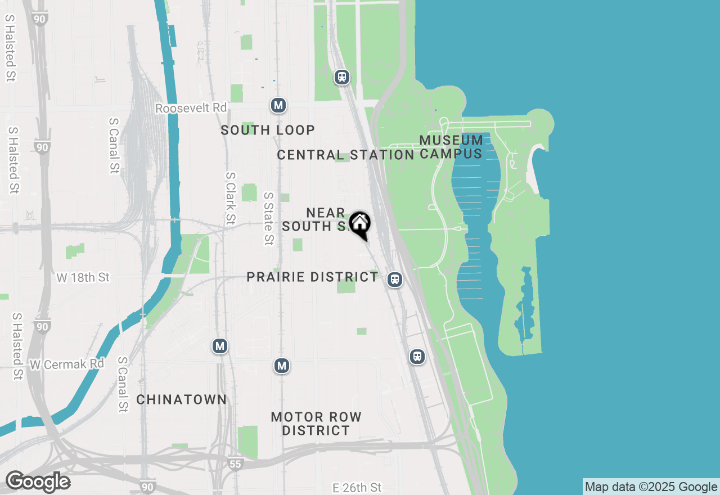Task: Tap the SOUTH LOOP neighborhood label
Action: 267,130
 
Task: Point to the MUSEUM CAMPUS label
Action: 451,147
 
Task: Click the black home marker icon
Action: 359,223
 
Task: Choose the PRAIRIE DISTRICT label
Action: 313,277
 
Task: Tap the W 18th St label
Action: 83,277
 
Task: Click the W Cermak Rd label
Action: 67,364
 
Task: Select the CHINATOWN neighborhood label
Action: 182,400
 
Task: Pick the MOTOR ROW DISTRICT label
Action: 316,424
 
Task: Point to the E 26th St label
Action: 357,487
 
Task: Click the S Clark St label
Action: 230,197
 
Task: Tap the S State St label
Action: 268,218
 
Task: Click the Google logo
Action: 38,482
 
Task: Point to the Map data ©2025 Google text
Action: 651,487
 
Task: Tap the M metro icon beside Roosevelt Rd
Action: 278,105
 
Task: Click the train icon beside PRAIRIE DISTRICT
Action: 395,279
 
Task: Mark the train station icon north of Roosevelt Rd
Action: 342,77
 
